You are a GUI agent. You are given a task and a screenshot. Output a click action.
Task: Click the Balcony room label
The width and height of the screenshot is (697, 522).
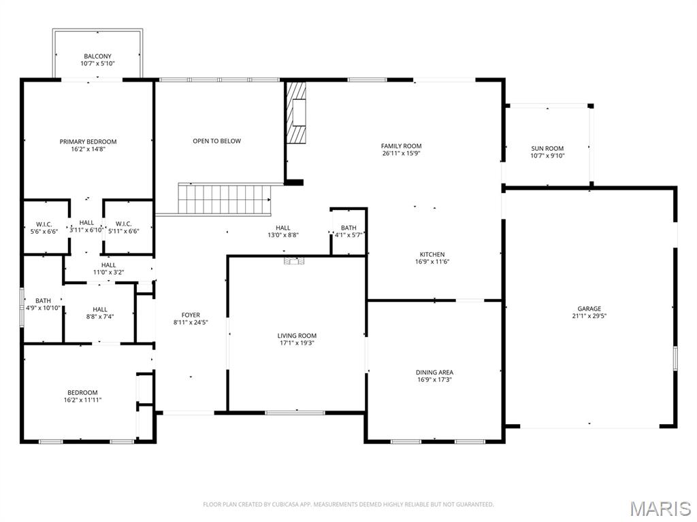click(x=98, y=56)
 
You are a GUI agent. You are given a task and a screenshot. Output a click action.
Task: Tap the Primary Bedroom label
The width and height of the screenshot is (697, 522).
click(x=88, y=142)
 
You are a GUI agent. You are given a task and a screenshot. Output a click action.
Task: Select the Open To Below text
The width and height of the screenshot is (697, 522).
click(x=216, y=141)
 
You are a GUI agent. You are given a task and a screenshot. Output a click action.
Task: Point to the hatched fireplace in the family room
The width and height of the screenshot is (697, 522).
click(x=296, y=113)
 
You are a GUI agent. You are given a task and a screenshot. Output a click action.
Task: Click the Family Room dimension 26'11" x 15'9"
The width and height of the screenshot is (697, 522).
click(x=401, y=154)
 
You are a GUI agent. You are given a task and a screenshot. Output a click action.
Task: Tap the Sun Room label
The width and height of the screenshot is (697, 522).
click(x=547, y=148)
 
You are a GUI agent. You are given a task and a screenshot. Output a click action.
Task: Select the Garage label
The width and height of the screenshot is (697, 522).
click(x=589, y=309)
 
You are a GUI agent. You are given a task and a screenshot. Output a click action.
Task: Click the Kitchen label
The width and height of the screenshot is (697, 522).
click(x=432, y=254)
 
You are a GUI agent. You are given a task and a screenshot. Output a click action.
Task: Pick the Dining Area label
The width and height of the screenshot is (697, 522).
click(x=434, y=372)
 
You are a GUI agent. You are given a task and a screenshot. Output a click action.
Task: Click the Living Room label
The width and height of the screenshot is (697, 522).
click(x=297, y=336)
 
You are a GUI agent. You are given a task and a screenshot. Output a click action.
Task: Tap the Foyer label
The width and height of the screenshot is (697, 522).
click(x=191, y=315)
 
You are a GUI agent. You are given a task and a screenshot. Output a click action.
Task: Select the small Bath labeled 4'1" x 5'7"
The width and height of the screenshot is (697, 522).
click(x=348, y=231)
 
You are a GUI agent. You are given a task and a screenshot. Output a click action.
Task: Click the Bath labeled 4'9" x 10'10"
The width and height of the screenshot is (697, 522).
click(x=43, y=304)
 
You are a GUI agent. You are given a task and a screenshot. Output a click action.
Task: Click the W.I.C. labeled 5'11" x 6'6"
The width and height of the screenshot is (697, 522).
click(x=127, y=227)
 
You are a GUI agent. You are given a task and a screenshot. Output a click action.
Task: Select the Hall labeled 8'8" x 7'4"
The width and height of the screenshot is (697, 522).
click(x=100, y=313)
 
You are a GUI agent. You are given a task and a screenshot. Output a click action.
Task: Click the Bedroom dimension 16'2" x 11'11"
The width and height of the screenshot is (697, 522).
click(x=82, y=400)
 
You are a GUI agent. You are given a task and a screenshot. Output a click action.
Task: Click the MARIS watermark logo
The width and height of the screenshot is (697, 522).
click(x=660, y=508)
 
